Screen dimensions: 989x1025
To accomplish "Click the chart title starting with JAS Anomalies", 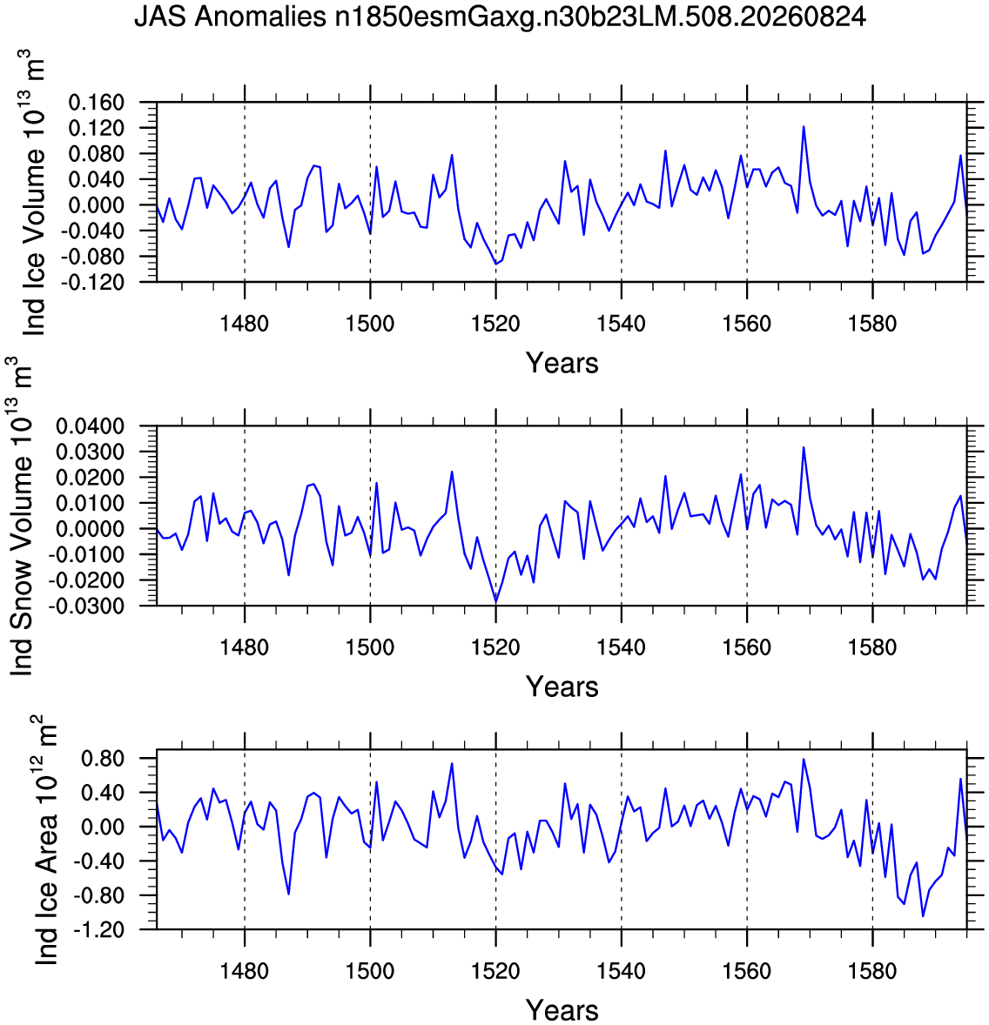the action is pyautogui.click(x=500, y=17).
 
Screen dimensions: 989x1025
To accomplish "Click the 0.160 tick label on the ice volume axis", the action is pyautogui.click(x=96, y=103).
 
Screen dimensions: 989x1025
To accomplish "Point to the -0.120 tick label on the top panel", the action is pyautogui.click(x=92, y=283).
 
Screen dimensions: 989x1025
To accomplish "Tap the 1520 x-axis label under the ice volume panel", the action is pyautogui.click(x=496, y=324).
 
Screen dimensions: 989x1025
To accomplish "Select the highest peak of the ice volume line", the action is pyautogui.click(x=804, y=127).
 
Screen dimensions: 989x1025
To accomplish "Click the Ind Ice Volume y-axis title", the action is pyautogui.click(x=34, y=193).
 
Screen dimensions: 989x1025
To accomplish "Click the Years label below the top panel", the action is pyautogui.click(x=562, y=363).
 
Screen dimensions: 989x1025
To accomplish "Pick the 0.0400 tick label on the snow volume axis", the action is pyautogui.click(x=91, y=426).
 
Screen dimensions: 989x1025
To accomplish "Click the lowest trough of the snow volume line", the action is pyautogui.click(x=496, y=601).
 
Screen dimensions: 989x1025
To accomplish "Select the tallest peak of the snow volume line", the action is pyautogui.click(x=804, y=448).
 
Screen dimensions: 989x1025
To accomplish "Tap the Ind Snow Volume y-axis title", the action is pyautogui.click(x=22, y=517).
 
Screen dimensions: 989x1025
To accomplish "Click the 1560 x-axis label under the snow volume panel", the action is pyautogui.click(x=747, y=647).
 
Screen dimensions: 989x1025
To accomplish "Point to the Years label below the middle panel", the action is pyautogui.click(x=562, y=687).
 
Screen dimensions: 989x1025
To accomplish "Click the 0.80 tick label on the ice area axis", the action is pyautogui.click(x=103, y=759).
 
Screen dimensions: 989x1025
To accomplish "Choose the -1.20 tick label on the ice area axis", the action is pyautogui.click(x=98, y=929).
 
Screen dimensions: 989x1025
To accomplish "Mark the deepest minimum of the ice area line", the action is pyautogui.click(x=923, y=916).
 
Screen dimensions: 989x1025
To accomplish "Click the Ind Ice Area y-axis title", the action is pyautogui.click(x=46, y=840).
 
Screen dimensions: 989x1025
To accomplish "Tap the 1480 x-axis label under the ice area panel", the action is pyautogui.click(x=245, y=971).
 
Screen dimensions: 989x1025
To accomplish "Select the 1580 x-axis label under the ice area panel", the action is pyautogui.click(x=872, y=971).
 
